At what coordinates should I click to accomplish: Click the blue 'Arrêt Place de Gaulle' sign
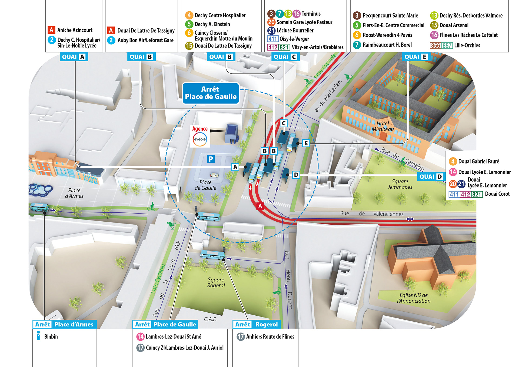(211, 93)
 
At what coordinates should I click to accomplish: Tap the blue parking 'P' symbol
(211, 159)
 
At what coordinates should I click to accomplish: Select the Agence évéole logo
(200, 139)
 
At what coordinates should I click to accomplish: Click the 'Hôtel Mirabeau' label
(382, 126)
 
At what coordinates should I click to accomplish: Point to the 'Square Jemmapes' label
(400, 184)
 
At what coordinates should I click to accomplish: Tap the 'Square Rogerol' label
(216, 282)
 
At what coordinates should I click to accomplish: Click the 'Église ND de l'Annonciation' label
(414, 298)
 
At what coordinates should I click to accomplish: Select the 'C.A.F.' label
(210, 319)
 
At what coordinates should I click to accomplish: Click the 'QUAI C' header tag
(285, 57)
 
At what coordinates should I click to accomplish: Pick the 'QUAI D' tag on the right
(431, 176)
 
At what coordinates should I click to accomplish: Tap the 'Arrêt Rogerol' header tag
(256, 324)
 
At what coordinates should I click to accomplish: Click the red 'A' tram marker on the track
(260, 206)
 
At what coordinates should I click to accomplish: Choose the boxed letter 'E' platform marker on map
(306, 143)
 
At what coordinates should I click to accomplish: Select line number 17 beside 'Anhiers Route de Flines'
(240, 336)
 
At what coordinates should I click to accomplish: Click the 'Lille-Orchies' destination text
(467, 45)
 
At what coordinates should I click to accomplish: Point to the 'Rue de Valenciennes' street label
(372, 214)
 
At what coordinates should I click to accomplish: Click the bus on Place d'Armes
(39, 207)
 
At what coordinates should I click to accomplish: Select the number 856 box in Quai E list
(435, 45)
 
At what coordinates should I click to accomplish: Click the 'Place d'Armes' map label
(74, 193)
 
